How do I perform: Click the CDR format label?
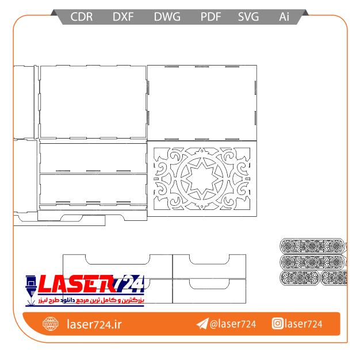tap(82, 17)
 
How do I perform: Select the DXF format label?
tap(123, 17)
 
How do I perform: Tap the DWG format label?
tap(167, 17)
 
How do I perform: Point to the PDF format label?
tap(210, 17)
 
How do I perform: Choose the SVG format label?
tap(248, 17)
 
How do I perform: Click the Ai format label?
tap(284, 17)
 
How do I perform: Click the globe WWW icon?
tap(50, 324)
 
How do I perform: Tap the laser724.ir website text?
tap(94, 324)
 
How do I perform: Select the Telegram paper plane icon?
tap(202, 324)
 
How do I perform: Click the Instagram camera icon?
tap(278, 324)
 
